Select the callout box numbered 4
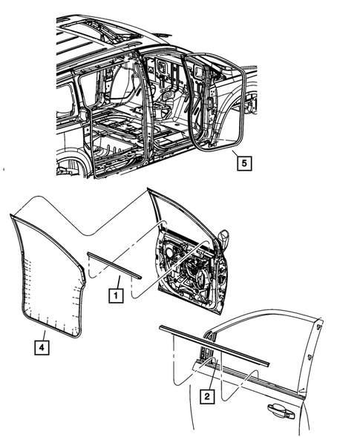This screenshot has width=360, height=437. (42, 346)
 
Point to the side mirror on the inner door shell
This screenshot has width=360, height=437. (223, 239)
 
